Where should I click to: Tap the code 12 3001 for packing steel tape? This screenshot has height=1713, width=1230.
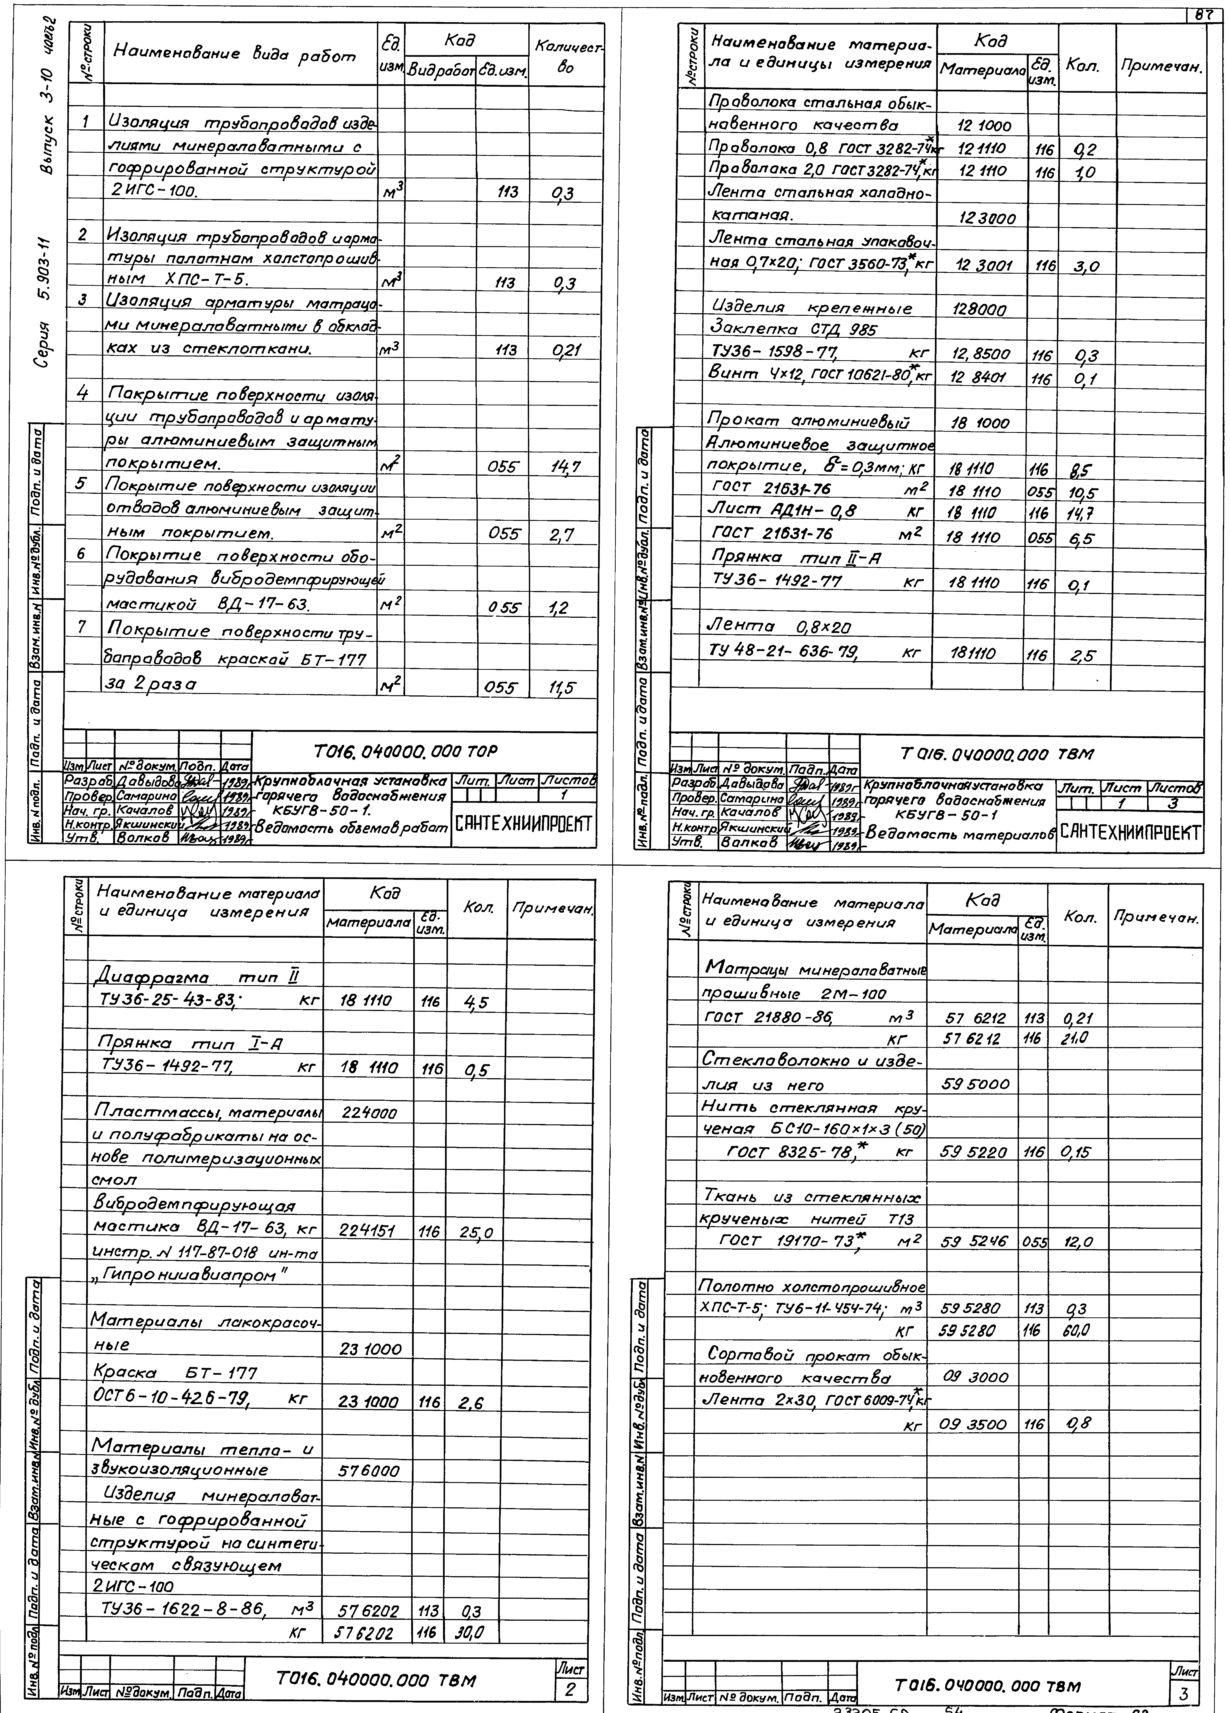click(983, 266)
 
